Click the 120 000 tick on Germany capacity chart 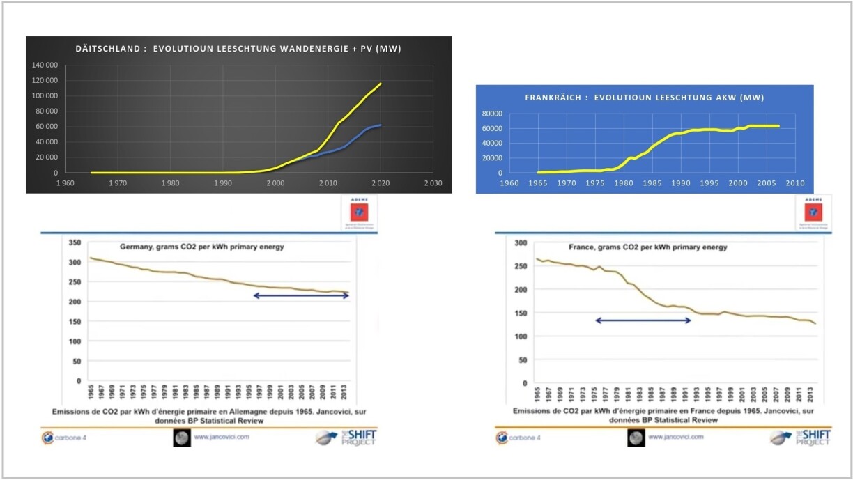[x=45, y=80]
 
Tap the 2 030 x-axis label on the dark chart [x=432, y=184]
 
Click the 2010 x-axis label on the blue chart [x=794, y=183]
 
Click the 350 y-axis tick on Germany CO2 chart [x=73, y=243]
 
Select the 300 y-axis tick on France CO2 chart [x=519, y=242]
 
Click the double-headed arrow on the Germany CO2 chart [x=300, y=295]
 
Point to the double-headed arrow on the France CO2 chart [x=643, y=320]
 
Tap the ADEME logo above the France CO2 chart [x=813, y=212]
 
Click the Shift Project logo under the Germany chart [x=346, y=438]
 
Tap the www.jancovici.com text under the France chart [x=675, y=437]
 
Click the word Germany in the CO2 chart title [x=135, y=247]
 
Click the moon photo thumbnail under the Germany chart [x=181, y=438]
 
